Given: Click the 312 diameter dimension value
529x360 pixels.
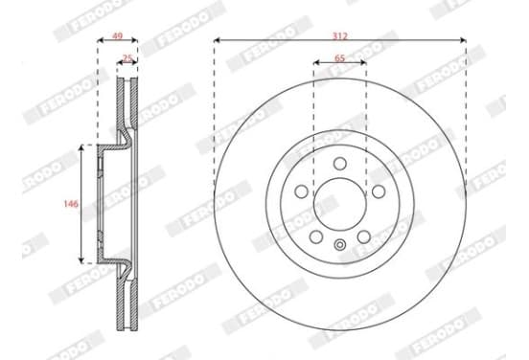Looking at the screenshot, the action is tap(340, 35).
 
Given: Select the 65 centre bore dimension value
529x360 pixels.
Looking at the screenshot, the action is tap(340, 58).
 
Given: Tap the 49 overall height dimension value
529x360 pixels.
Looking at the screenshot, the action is tap(117, 35).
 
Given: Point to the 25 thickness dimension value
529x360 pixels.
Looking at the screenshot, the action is tap(127, 58).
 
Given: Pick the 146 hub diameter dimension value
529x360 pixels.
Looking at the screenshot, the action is tap(71, 204).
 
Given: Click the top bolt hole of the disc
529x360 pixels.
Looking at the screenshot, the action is tap(340, 164).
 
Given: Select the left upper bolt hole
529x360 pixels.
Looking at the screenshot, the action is tap(301, 191).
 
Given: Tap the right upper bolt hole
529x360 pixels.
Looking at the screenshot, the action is tap(379, 191).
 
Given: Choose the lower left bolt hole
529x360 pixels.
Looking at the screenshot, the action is tap(316, 236).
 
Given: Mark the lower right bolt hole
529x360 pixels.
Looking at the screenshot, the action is tap(364, 236).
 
